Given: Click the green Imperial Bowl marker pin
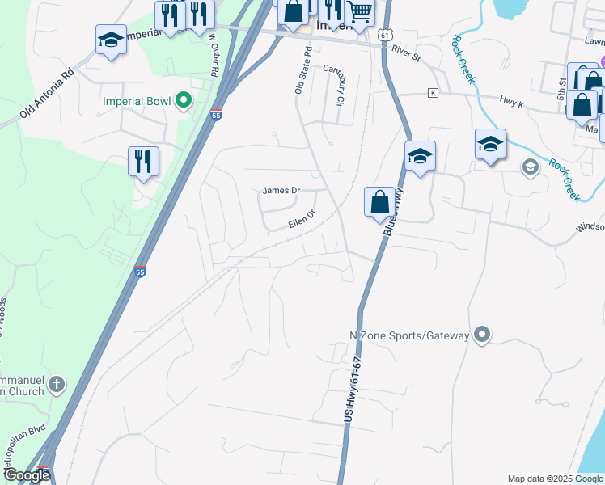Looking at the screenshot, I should point(184,101).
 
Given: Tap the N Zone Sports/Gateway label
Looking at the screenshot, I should point(409,335).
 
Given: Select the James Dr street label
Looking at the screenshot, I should point(281,191).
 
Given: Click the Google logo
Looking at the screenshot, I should point(26,475).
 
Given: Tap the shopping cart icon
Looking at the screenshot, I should point(360,12).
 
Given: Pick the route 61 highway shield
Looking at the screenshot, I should point(384,36).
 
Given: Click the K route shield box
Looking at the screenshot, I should point(434,93).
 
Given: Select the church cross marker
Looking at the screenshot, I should point(56,383).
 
